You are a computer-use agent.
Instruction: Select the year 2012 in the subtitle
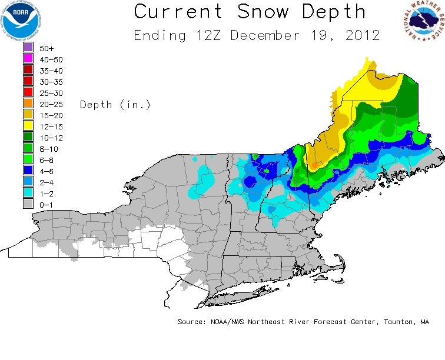[360, 35]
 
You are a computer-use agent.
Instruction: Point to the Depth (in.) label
[115, 105]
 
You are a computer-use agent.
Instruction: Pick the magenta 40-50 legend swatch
[28, 59]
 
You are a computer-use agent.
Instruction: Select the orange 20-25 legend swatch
[28, 104]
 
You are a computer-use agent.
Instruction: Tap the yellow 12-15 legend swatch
[28, 126]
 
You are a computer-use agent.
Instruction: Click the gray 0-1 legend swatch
[28, 204]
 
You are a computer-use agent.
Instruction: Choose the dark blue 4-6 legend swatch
[28, 171]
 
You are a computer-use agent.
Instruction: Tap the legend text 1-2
[45, 193]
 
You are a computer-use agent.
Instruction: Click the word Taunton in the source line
[395, 322]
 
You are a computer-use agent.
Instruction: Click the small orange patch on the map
[314, 166]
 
